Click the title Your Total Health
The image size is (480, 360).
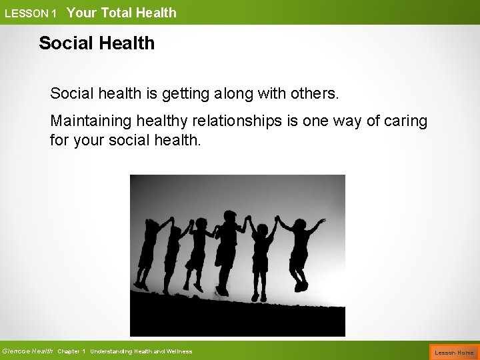121,12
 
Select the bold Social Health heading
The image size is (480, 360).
97,43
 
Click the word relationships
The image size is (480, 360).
254,122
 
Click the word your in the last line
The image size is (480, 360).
87,140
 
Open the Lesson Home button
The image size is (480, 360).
453,351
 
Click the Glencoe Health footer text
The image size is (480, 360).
27,351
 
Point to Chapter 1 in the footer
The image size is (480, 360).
71,351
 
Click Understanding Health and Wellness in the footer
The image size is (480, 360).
141,351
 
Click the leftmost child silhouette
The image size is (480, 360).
146,253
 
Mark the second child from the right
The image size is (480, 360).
263,257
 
